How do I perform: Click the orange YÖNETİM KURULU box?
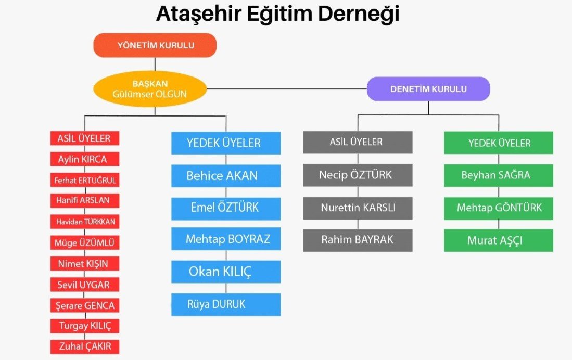point(155,45)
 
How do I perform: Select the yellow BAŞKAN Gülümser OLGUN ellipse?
point(150,89)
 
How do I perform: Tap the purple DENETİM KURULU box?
point(428,89)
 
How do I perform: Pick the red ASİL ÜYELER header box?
point(85,138)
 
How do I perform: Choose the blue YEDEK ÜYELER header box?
point(226,143)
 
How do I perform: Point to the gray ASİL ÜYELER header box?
point(358,142)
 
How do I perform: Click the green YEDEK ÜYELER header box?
point(498,143)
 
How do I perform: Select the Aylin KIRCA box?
point(85,159)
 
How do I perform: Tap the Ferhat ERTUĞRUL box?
point(85,181)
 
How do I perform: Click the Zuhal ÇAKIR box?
point(85,346)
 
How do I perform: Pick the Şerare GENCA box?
point(85,305)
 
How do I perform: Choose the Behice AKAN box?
point(226,176)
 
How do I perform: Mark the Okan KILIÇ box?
point(226,272)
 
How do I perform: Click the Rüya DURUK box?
point(226,304)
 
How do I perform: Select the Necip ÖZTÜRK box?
point(358,175)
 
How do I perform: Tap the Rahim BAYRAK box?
point(358,240)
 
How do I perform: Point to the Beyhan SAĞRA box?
point(498,175)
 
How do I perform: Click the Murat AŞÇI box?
point(498,241)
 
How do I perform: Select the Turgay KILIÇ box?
point(85,326)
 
